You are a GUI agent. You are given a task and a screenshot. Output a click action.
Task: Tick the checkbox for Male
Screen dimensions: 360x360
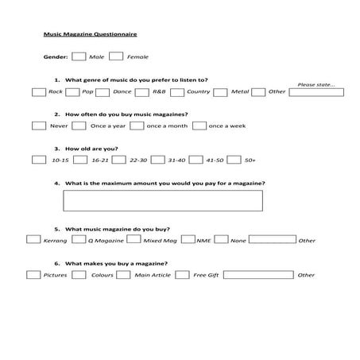(79, 56)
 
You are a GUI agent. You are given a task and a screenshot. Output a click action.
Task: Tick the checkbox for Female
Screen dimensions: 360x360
(116, 56)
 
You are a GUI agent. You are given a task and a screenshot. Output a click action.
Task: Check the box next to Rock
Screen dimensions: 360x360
(38, 91)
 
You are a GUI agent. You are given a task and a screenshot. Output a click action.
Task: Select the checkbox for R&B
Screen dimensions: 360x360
(144, 91)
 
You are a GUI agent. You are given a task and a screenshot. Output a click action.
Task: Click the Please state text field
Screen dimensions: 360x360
(316, 92)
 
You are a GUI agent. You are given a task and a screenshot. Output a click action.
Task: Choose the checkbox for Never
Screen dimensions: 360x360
(38, 126)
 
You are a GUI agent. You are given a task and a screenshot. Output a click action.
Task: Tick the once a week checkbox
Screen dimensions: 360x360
(199, 126)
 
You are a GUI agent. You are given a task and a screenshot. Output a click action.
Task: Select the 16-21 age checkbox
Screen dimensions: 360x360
(80, 160)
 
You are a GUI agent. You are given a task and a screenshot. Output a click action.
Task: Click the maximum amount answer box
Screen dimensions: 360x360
(163, 200)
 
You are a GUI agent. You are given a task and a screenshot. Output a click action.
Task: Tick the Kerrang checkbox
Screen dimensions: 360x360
(33, 238)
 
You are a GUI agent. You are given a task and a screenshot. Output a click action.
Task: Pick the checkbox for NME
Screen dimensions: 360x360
(188, 238)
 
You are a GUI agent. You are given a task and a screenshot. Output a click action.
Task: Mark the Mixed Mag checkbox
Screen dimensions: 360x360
(134, 238)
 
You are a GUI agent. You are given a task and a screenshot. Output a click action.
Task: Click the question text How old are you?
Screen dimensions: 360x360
(91, 149)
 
